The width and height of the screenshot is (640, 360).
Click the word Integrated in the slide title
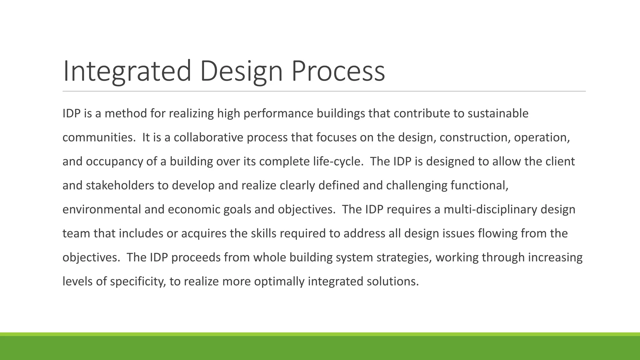pyautogui.click(x=127, y=71)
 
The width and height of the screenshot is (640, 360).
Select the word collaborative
pyautogui.click(x=208, y=137)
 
